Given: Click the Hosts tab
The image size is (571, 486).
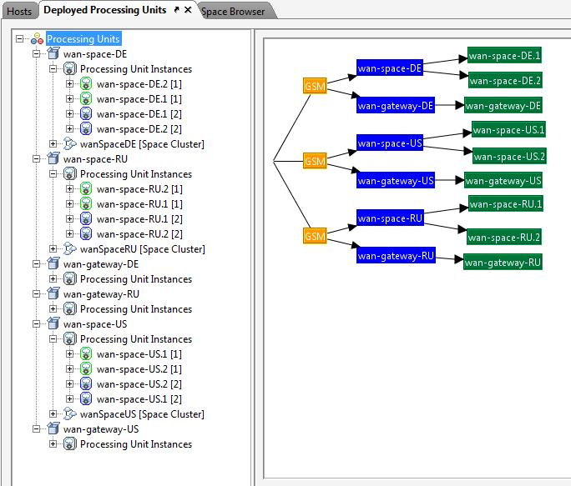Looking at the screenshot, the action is point(19,12).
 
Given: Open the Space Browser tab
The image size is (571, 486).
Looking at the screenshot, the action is point(233,12).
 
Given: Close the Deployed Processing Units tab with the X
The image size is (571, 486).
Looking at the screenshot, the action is point(188,10).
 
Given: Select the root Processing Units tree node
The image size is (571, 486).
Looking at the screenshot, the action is point(83,38).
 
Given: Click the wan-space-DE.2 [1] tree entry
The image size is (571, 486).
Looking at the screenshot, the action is point(139,84).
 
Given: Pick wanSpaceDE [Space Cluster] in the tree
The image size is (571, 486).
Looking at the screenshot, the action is point(142,144).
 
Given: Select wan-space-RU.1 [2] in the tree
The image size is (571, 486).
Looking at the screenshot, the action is point(139,219).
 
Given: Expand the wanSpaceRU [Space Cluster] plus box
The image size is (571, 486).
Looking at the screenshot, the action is point(53,248).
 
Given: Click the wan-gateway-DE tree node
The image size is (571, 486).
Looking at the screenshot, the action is point(101,264).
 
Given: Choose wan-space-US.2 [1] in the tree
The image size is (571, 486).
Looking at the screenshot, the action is point(139,369).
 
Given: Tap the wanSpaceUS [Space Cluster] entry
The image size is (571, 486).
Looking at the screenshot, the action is point(142,414).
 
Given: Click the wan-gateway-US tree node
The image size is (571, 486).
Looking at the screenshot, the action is point(101,429).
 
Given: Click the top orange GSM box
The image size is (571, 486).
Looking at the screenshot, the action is point(315,86).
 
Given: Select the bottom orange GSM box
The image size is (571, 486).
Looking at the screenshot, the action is point(315,236).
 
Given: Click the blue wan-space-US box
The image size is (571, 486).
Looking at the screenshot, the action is point(390,143).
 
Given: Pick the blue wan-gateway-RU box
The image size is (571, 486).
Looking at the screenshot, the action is point(396,255).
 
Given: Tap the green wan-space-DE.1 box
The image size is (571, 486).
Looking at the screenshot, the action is point(504,55).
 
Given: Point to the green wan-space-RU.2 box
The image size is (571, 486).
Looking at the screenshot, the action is point(504,237).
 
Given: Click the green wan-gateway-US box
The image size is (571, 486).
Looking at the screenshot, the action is point(503,180).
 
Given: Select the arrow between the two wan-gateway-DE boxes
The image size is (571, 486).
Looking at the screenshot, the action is point(449,106).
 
